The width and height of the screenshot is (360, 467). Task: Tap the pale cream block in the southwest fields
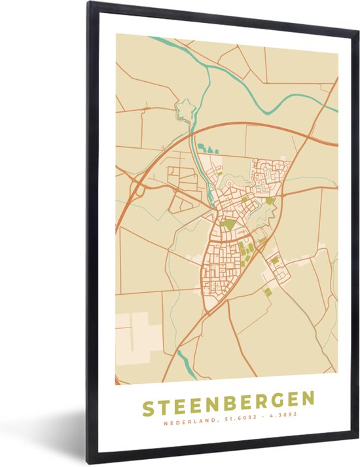138,331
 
